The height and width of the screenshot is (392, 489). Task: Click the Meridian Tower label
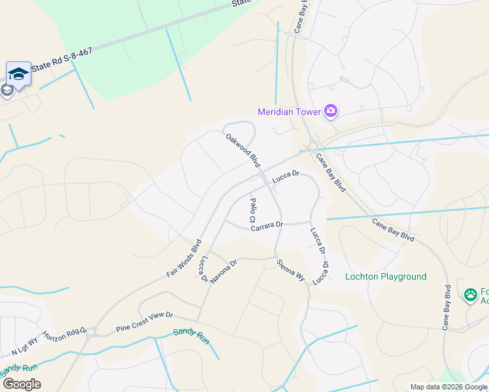[x=289, y=112]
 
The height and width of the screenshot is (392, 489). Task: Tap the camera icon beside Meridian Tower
[x=331, y=112]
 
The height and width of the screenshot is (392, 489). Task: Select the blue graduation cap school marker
[x=18, y=74]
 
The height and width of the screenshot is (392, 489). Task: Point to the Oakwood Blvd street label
[x=243, y=151]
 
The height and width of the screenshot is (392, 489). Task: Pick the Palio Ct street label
[x=253, y=211]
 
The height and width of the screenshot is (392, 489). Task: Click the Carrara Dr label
[x=265, y=224]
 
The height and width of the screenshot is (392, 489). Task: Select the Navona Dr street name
[x=223, y=269]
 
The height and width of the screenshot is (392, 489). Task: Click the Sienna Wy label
[x=291, y=270]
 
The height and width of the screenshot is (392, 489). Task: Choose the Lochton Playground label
[x=386, y=276]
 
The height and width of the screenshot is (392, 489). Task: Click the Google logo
[x=22, y=384]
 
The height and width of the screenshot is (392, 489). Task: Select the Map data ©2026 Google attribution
[x=448, y=387]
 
